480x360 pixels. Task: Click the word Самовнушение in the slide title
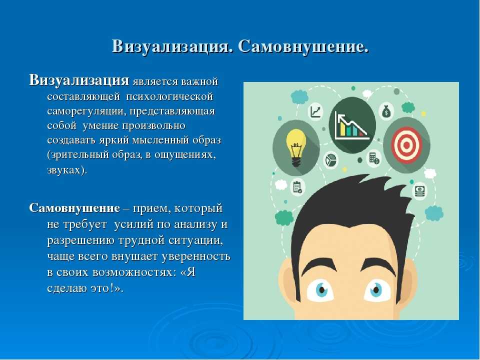(303, 47)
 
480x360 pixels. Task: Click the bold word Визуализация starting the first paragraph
(79, 80)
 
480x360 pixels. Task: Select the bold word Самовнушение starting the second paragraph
(74, 208)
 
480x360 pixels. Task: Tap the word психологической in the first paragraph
(169, 96)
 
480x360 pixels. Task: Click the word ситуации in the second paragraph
(196, 240)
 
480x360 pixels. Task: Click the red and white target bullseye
(406, 145)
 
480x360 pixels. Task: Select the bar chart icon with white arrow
(352, 125)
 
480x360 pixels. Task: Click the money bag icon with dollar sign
(386, 111)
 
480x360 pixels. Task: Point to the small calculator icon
(374, 158)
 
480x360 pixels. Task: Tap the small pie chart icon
(330, 160)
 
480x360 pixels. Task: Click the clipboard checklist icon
(297, 186)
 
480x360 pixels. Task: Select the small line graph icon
(315, 111)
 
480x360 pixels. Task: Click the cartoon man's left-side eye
(320, 289)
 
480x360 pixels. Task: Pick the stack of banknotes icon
(420, 191)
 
